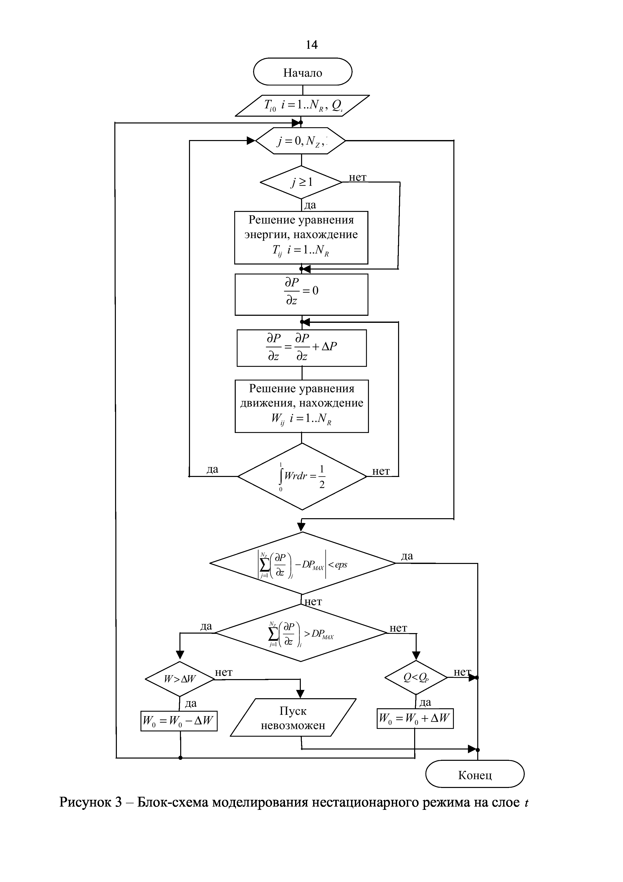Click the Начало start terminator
[x=303, y=72]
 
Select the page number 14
[x=311, y=45]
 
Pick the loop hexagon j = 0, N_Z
[x=301, y=141]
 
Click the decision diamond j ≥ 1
[x=301, y=182]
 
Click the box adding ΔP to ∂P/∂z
[x=302, y=348]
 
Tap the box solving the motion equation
[x=302, y=406]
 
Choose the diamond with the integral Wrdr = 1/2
[x=302, y=476]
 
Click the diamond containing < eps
[x=303, y=563]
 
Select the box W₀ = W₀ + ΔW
[x=415, y=718]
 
